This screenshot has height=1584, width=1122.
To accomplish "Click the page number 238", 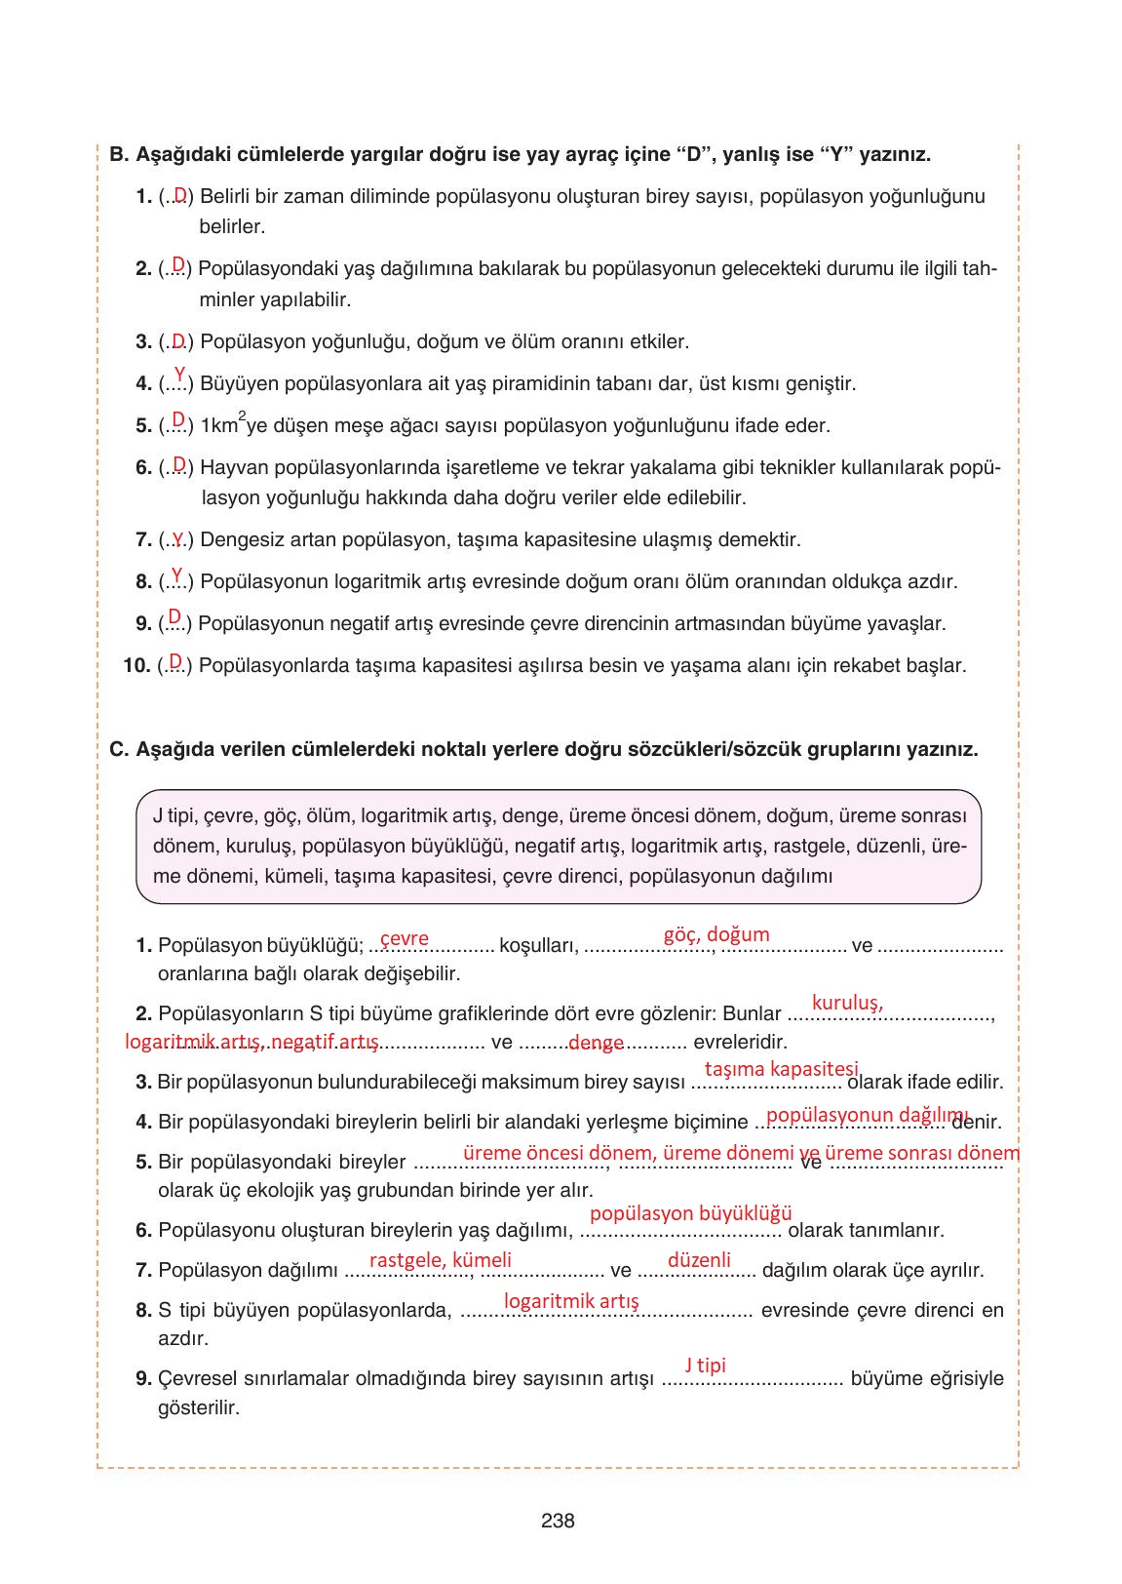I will [558, 1520].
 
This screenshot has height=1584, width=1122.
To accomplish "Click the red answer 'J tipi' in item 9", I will [705, 1366].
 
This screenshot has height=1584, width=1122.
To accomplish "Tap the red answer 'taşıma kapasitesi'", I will [782, 1069].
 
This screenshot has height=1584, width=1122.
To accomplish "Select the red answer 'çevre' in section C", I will [405, 938].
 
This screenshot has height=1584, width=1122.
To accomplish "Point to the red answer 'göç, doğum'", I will [716, 934].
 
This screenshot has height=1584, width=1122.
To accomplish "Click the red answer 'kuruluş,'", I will [847, 1003].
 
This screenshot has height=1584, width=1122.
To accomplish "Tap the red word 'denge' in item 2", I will [596, 1043].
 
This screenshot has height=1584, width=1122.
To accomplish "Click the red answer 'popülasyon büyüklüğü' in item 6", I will [690, 1213].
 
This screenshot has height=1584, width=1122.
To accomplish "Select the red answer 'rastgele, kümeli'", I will [441, 1259].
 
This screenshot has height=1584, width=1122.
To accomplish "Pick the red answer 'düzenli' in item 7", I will [699, 1259].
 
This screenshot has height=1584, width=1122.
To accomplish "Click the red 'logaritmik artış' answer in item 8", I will [571, 1301].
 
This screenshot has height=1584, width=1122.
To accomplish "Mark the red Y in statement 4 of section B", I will [179, 374].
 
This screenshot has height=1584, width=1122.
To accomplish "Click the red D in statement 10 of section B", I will [175, 662].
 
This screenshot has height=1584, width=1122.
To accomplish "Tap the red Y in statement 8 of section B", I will [177, 574].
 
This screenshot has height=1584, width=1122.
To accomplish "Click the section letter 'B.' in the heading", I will [119, 154].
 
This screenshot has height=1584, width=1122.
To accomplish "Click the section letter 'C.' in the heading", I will [119, 750].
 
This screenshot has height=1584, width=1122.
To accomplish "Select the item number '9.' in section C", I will [144, 1379].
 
